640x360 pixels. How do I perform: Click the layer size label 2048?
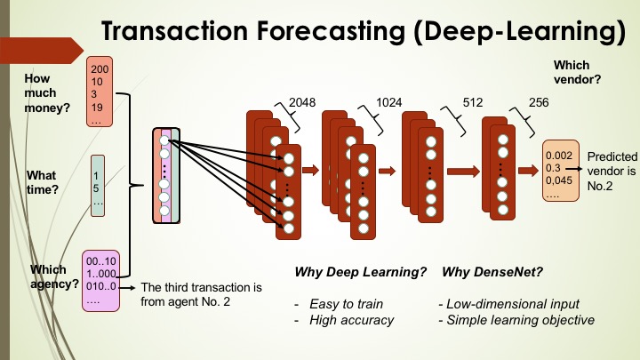pos(302,102)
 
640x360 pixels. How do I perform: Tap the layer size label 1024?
pos(389,102)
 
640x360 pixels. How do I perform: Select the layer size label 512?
pos(473,102)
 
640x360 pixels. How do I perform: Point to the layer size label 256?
pos(539,102)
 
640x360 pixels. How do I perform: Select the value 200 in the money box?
pos(100,69)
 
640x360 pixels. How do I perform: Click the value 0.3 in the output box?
pos(553,168)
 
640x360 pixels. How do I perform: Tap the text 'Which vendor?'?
pos(577,72)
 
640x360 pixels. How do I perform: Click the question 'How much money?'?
pos(47,93)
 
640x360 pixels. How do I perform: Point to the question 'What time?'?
pos(43,182)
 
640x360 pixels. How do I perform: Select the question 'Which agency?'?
pos(54,276)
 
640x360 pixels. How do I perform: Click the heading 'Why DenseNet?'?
pos(492,272)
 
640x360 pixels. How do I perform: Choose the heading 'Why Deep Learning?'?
pos(360,272)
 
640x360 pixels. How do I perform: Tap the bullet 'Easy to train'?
pos(346,304)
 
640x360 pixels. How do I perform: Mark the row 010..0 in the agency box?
pos(101,286)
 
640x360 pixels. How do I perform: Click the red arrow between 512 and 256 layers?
pos(463,172)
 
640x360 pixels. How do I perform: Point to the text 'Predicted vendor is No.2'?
pos(612,172)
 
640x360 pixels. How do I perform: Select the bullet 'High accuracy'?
pos(351,320)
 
